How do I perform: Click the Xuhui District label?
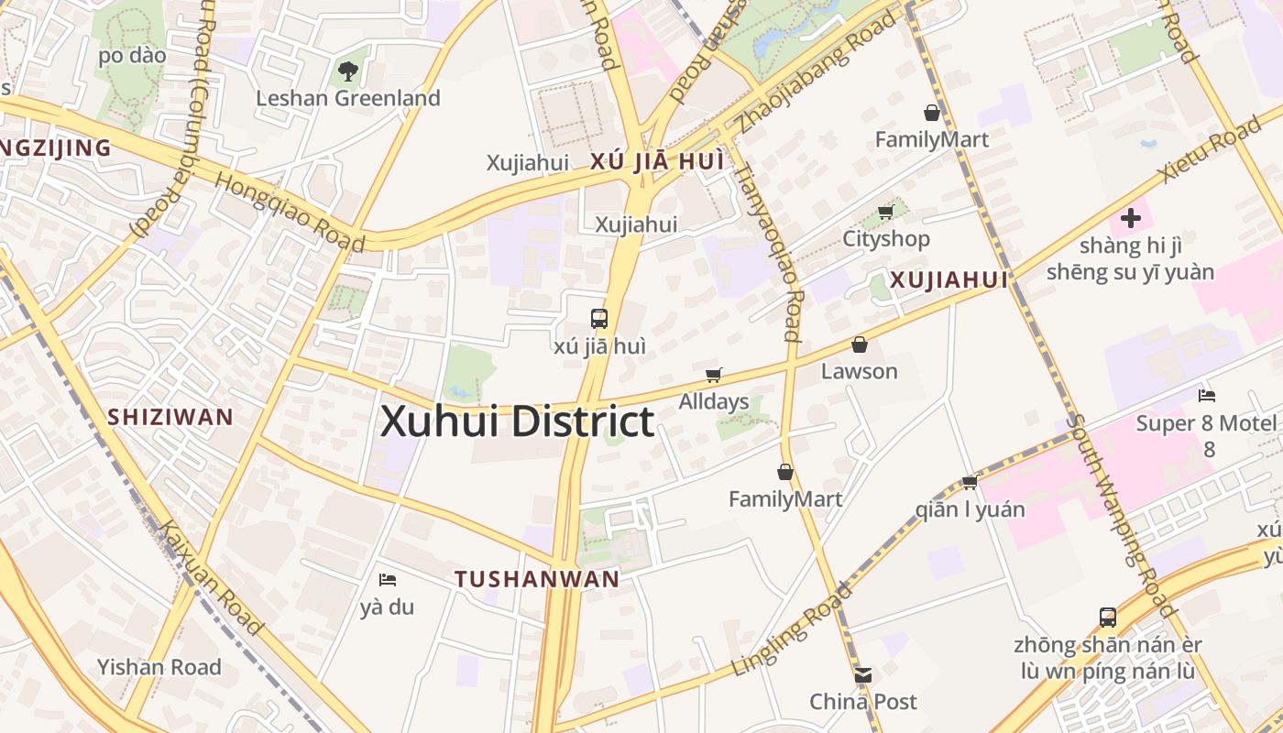coord(517,422)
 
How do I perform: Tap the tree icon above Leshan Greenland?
coord(347,71)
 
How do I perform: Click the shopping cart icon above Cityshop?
coord(885,213)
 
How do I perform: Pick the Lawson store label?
coord(859,371)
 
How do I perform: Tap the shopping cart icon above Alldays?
coord(713,375)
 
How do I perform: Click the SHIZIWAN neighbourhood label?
coord(170,417)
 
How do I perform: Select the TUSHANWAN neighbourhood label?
coord(537,579)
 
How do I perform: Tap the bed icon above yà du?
coord(387,579)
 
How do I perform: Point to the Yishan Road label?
coord(159,667)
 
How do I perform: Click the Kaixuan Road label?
coord(212,578)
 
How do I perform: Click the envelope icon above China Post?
coord(862,675)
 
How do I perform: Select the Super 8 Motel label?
coord(1205,423)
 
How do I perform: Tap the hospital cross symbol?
coord(1131,218)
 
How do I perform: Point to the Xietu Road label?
coord(1209,150)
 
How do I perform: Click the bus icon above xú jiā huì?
coord(599,319)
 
